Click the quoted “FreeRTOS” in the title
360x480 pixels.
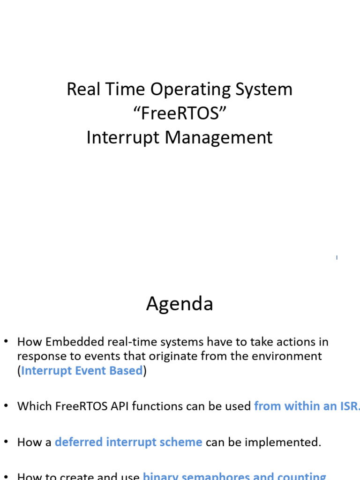(x=180, y=113)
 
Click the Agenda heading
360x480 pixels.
(x=180, y=304)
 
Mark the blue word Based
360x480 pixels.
(x=126, y=371)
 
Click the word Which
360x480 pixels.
(x=30, y=406)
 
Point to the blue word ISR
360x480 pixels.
(x=347, y=406)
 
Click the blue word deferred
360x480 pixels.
(x=78, y=442)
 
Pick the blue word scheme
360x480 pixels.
(x=182, y=442)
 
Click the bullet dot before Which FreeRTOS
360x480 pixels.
(x=7, y=406)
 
